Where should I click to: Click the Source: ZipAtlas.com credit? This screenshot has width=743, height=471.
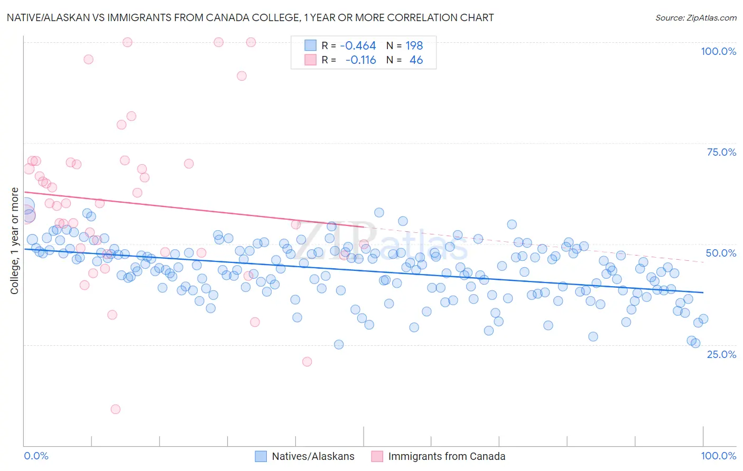tap(695, 17)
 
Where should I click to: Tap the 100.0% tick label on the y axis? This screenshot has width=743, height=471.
tap(718, 51)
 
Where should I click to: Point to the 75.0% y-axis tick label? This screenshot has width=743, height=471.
tap(721, 152)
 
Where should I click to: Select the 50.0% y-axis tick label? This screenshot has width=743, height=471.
tap(721, 253)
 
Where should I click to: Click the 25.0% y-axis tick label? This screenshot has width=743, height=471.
tap(721, 354)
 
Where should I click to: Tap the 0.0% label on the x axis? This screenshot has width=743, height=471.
tap(36, 456)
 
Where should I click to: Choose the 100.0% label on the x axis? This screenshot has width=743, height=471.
tap(718, 456)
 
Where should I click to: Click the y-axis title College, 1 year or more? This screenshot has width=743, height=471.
tap(15, 241)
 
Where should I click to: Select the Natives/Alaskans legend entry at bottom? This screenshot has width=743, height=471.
tap(304, 456)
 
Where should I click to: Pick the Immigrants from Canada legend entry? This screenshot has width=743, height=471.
tap(438, 456)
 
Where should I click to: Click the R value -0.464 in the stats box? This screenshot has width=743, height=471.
tap(358, 46)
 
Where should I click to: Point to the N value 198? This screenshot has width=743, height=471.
tap(414, 46)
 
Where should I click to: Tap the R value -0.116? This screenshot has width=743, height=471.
tap(360, 60)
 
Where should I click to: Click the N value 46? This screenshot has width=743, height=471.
tap(416, 60)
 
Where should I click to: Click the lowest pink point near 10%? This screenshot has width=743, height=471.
tap(115, 409)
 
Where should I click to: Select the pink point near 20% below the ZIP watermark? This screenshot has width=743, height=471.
tap(307, 362)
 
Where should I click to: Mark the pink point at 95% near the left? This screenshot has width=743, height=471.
tap(88, 59)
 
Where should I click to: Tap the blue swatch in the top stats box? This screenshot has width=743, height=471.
tap(310, 46)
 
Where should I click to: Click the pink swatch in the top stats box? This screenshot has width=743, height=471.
tap(310, 60)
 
